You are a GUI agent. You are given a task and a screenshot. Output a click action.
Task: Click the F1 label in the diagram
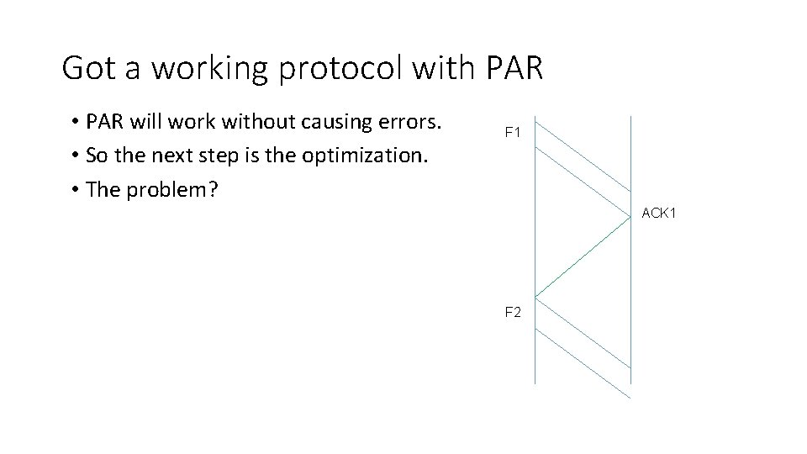(x=513, y=132)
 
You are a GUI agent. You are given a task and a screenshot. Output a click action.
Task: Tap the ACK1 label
(x=658, y=213)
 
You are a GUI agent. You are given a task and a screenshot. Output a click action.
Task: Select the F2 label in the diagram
(x=513, y=312)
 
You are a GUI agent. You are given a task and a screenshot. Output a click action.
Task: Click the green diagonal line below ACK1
(x=583, y=256)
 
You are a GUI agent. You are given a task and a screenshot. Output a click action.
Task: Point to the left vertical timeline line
(x=535, y=252)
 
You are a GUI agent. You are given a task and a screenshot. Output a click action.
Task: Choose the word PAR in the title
(x=514, y=68)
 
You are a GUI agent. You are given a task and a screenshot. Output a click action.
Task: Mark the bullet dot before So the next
(x=76, y=156)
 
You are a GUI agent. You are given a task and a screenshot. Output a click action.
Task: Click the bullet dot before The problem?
(x=76, y=190)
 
